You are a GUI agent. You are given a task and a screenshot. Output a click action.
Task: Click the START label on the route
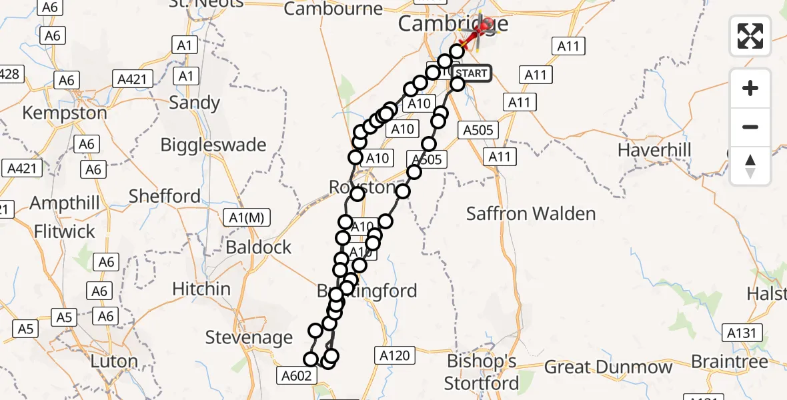coord(472,73)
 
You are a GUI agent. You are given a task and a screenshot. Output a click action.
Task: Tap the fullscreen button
coord(750,36)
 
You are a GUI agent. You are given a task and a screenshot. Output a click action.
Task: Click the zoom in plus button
coord(750,88)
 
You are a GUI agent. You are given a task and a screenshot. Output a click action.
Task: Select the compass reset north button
coord(750,165)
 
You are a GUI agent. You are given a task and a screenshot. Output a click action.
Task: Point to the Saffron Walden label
coord(531,214)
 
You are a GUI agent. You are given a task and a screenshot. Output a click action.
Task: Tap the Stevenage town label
coord(249,337)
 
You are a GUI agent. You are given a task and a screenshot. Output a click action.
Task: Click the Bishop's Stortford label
coord(482,373)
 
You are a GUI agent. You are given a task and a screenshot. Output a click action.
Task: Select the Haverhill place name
coord(655,150)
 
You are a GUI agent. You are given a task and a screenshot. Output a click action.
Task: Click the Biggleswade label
coord(213,145)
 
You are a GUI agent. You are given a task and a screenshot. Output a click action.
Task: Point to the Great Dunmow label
coord(609,367)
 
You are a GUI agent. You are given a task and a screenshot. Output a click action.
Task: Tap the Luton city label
coord(114,362)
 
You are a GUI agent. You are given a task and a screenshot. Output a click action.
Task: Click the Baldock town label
coord(259,247)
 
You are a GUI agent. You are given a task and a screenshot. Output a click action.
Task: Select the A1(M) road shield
coord(245,217)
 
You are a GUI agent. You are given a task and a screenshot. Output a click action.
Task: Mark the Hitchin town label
coord(201,289)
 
